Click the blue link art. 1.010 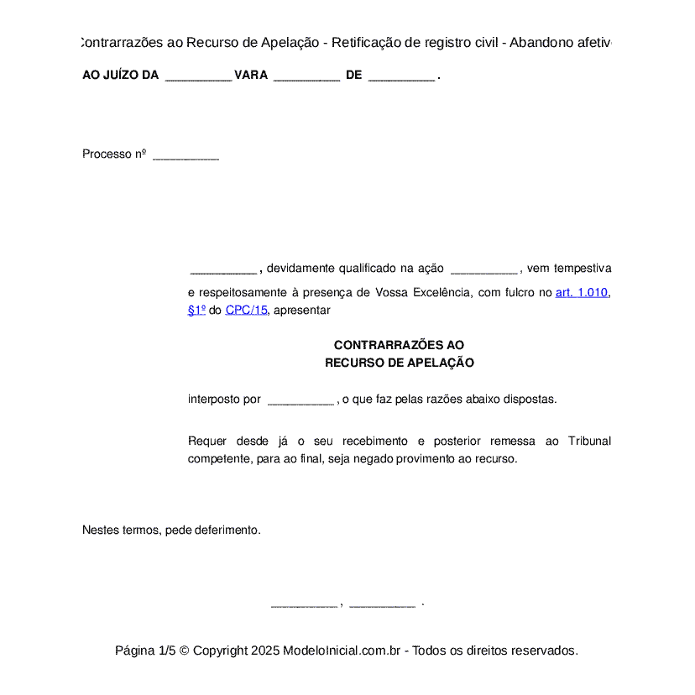(x=581, y=293)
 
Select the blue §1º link (x=196, y=310)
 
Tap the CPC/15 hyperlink (x=246, y=310)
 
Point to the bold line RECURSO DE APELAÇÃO (x=400, y=363)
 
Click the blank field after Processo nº (x=186, y=156)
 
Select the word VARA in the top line (x=251, y=76)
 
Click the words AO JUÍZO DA (x=121, y=76)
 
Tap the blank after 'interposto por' (x=300, y=401)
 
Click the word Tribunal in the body (x=589, y=442)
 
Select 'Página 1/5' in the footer (x=145, y=651)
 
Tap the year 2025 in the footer (x=264, y=651)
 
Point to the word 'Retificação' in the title (x=378, y=42)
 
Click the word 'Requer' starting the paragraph (x=206, y=442)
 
